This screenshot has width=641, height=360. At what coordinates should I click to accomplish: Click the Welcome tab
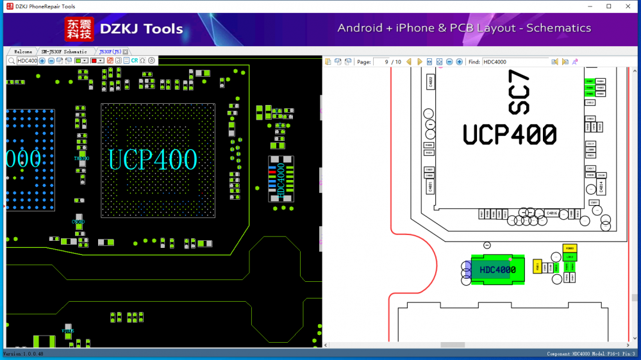click(23, 51)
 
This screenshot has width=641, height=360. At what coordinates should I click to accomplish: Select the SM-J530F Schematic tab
click(64, 51)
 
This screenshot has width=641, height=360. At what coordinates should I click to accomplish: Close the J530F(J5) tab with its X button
click(126, 51)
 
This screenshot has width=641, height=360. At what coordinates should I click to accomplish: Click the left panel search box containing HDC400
click(27, 61)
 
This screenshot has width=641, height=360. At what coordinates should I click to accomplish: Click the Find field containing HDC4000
click(515, 62)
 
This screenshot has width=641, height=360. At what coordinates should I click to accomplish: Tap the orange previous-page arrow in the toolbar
click(409, 62)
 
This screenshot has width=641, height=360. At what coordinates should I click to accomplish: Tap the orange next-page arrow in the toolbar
click(420, 62)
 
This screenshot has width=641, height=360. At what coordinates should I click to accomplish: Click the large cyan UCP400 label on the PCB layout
click(153, 160)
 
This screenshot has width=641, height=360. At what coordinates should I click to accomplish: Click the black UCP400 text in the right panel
click(510, 134)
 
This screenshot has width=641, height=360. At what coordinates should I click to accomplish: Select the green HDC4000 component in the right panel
click(497, 270)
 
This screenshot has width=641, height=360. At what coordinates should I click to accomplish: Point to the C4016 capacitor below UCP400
click(551, 213)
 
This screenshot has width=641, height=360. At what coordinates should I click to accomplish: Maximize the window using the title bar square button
click(608, 6)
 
